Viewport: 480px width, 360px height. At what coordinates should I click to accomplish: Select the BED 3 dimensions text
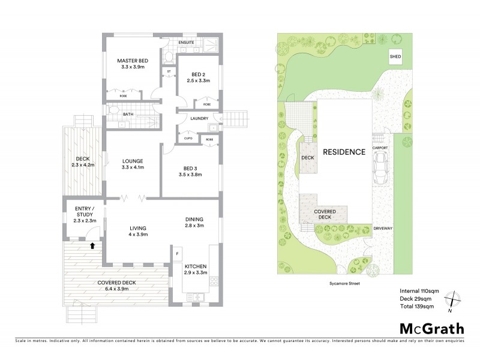[x=190, y=175]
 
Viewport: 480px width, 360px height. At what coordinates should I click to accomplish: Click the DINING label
[x=194, y=219]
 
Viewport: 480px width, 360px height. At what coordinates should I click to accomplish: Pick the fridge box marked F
[x=178, y=254]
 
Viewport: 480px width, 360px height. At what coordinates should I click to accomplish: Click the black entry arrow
[x=92, y=245]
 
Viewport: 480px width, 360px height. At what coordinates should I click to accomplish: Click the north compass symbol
[x=454, y=300]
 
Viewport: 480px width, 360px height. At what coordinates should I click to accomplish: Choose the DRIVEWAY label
[x=382, y=229]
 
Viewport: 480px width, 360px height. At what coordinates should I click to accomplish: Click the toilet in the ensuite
[x=170, y=58]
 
